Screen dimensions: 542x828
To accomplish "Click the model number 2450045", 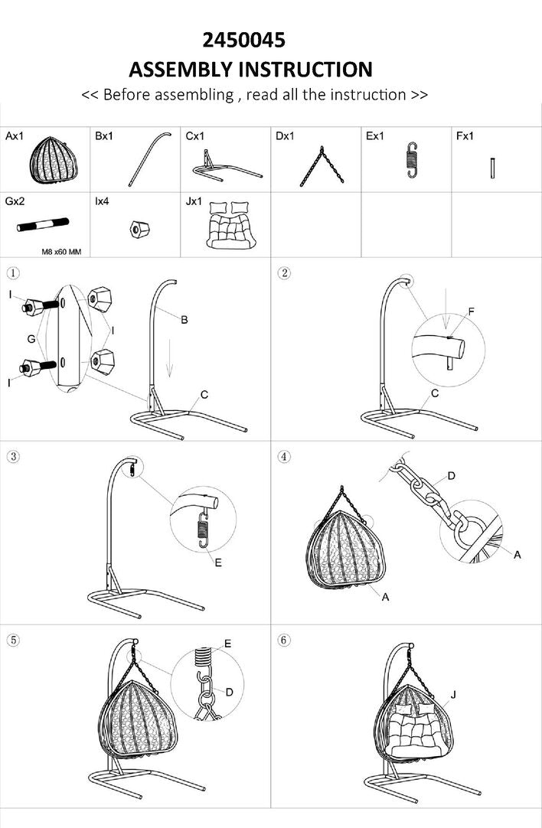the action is tap(244, 40).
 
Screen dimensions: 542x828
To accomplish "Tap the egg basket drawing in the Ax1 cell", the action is tap(54, 160).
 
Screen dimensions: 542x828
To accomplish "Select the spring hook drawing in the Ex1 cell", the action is tap(412, 159).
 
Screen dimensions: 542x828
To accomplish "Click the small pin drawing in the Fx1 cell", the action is tap(492, 168).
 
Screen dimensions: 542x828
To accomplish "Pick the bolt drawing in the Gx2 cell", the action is tap(43, 224).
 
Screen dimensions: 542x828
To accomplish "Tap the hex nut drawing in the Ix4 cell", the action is tap(139, 229).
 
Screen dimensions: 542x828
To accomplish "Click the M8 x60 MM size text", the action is tap(61, 252).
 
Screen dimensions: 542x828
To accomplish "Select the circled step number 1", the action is tap(13, 273).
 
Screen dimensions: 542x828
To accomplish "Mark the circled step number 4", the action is tap(284, 456).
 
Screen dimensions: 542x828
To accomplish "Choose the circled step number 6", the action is tap(284, 640).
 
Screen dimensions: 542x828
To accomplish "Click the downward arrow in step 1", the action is tap(170, 359).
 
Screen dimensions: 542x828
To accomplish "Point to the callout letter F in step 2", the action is tap(472, 311).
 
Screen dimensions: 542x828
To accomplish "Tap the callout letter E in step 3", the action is tap(218, 563).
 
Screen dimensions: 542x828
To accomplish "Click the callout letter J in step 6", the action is tap(452, 694).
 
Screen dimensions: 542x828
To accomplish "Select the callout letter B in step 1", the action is tap(184, 319).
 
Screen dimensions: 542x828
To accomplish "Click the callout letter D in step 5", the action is tap(229, 692).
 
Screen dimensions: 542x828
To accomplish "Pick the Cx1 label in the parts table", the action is tap(194, 136).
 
